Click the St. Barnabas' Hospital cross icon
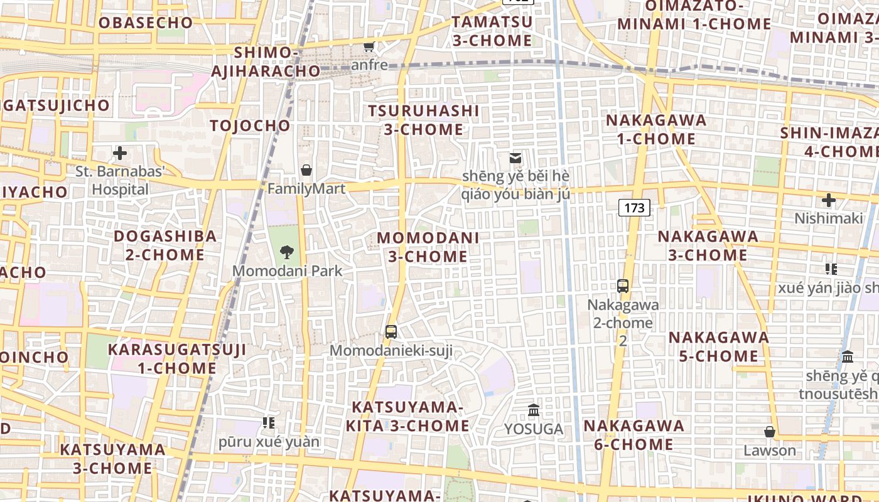[119, 153]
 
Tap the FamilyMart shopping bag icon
[306, 170]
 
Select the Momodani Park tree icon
[287, 252]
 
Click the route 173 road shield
[634, 208]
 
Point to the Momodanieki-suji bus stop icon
[391, 332]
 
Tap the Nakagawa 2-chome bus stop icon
[623, 286]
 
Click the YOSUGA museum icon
[534, 410]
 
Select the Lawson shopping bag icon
[769, 432]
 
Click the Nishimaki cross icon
[829, 200]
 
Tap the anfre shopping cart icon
[369, 46]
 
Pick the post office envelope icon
[515, 158]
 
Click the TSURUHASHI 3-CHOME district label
[424, 120]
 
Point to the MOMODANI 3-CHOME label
[428, 247]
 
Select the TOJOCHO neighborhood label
[251, 125]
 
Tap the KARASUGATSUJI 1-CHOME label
[177, 358]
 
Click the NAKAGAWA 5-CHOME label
[718, 346]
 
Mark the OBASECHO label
[145, 23]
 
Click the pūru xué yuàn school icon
[269, 423]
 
